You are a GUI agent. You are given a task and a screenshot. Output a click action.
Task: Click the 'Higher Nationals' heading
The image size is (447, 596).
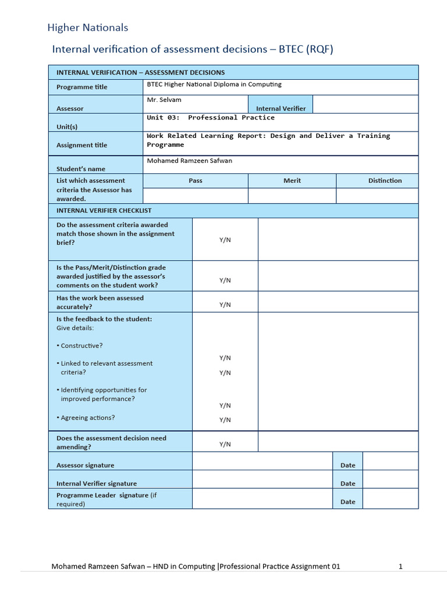coord(87,27)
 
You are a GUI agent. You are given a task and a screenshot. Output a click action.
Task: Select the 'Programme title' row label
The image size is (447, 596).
coord(81,87)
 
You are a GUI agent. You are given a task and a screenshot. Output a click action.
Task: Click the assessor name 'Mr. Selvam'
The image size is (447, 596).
coord(164,100)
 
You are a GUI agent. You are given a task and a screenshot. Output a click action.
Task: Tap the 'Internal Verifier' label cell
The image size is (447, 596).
coord(281,108)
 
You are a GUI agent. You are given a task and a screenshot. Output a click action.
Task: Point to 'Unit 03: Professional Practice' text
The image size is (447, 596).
coord(211,118)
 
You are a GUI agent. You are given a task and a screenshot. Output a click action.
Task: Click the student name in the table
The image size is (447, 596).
coord(190,161)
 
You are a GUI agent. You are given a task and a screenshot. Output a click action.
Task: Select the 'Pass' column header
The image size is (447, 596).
coord(196,180)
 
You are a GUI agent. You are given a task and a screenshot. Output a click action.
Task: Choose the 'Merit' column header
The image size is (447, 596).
coord(292,180)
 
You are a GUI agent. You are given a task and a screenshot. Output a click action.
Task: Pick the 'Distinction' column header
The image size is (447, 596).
coord(385,180)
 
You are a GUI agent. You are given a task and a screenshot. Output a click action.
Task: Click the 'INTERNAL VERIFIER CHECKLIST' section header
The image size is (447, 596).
coord(104,211)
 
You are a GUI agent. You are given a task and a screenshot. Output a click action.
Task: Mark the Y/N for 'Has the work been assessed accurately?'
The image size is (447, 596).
coord(225,304)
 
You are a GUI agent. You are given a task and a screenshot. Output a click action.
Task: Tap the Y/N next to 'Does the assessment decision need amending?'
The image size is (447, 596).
coord(225,444)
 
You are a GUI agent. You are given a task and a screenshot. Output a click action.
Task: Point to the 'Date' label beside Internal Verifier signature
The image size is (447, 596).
coord(347,484)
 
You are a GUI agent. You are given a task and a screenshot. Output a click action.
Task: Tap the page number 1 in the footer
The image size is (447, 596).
coord(400,566)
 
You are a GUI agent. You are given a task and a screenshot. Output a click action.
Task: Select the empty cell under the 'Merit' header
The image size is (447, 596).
coord(292,196)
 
